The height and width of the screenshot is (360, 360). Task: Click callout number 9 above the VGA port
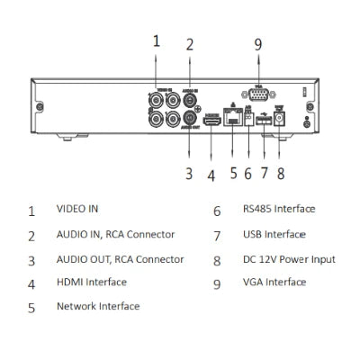[257, 44]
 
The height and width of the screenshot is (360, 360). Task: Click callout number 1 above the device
[156, 40]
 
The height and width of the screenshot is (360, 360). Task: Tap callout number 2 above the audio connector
[189, 44]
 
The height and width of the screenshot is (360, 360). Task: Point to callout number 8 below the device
[281, 174]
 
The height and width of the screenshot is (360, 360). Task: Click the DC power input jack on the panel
[280, 119]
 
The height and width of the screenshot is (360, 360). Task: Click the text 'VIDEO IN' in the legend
[77, 209]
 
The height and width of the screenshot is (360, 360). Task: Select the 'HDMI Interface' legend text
[92, 282]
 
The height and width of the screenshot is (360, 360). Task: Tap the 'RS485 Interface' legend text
[279, 209]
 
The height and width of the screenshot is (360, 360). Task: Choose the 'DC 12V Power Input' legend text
[288, 259]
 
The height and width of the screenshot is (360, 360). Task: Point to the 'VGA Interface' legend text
[274, 282]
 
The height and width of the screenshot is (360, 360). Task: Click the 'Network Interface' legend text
[98, 306]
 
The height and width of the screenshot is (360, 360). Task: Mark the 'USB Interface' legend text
[274, 234]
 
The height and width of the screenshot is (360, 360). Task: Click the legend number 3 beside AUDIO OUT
[31, 261]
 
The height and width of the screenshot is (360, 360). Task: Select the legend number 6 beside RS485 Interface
[217, 211]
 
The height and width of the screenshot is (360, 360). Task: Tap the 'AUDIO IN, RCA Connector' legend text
[115, 235]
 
